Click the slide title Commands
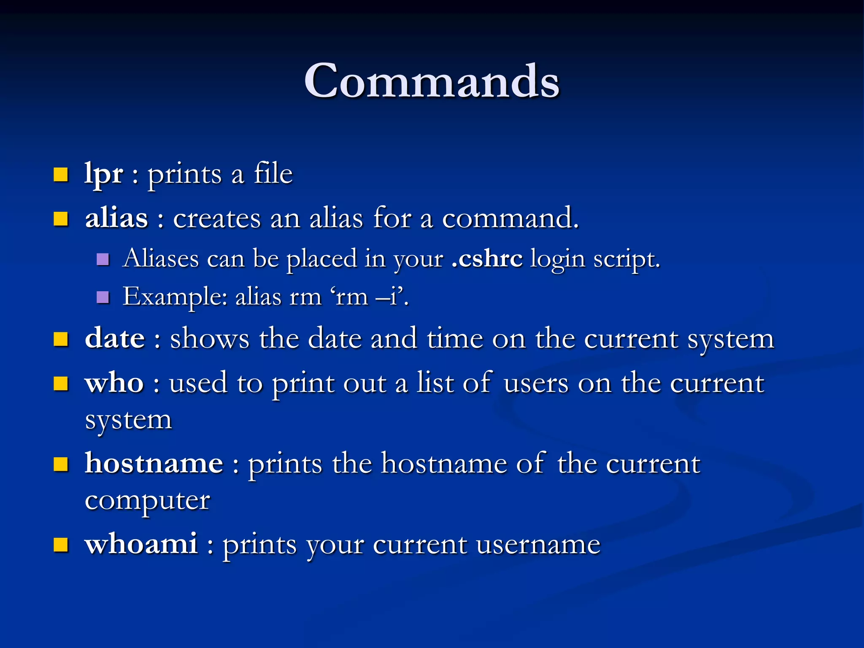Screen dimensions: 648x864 pos(432,81)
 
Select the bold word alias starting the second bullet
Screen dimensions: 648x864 pos(116,219)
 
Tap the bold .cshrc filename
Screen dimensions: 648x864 pos(487,258)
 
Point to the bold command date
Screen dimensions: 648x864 pos(115,338)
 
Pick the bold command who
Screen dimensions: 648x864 pos(114,383)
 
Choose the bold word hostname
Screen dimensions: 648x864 pos(154,463)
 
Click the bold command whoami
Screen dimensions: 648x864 pos(141,544)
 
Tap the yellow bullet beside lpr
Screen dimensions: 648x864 pos(61,174)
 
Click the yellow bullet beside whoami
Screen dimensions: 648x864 pos(61,545)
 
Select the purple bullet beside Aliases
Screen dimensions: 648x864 pos(103,259)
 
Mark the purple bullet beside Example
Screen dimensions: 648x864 pos(103,297)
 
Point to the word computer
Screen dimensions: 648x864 pos(147,501)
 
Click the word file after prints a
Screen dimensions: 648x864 pos(273,174)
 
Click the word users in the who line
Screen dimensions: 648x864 pos(536,383)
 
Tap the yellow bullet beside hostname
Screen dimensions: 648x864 pos(61,464)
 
